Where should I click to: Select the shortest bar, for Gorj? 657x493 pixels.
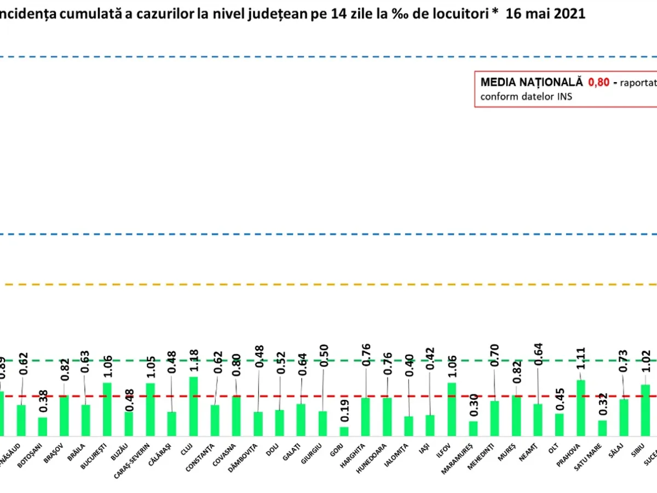pos(344,431)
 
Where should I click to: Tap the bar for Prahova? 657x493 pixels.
pos(581,408)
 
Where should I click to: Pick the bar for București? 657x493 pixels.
pos(107,409)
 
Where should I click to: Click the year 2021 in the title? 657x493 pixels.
pos(569,14)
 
